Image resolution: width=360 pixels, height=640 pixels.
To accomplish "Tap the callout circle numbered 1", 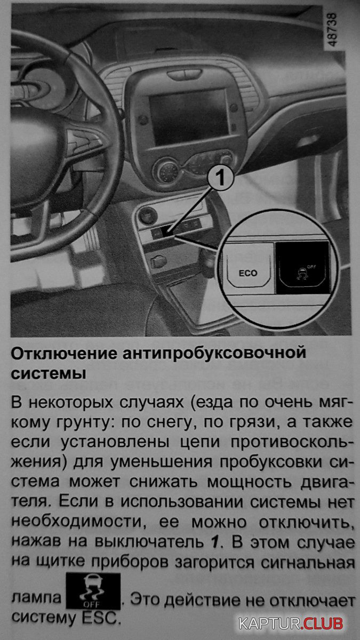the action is coord(220,177).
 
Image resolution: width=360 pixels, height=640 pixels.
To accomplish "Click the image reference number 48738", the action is coord(332,30).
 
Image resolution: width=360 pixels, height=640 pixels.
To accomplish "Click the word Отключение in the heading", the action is coord(64,354).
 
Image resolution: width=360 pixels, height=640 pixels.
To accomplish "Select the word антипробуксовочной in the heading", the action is coord(214,354).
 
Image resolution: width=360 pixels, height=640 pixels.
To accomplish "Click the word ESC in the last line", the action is coord(100,619).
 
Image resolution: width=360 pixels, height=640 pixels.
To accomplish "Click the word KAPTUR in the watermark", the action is coord(270,623).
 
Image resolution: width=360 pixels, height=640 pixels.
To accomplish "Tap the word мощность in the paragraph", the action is coord(249,483).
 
